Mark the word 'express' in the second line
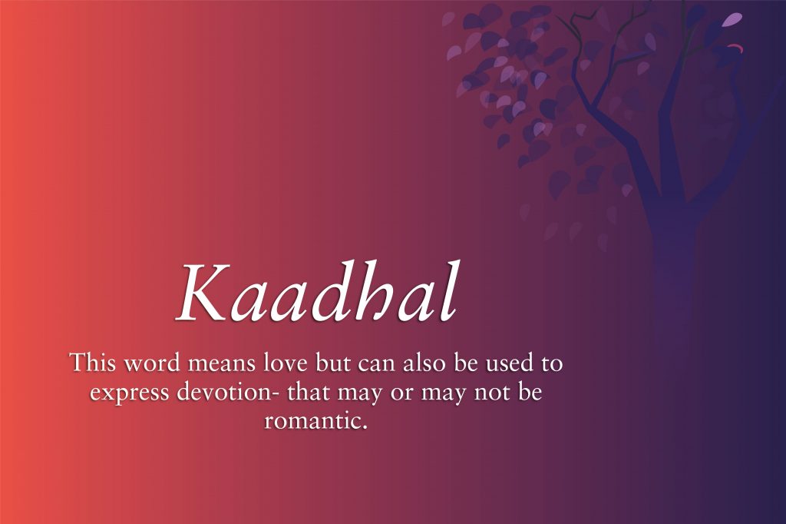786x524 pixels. [x=124, y=393]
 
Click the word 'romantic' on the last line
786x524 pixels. [x=309, y=421]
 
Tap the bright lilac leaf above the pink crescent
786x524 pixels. [x=734, y=19]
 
